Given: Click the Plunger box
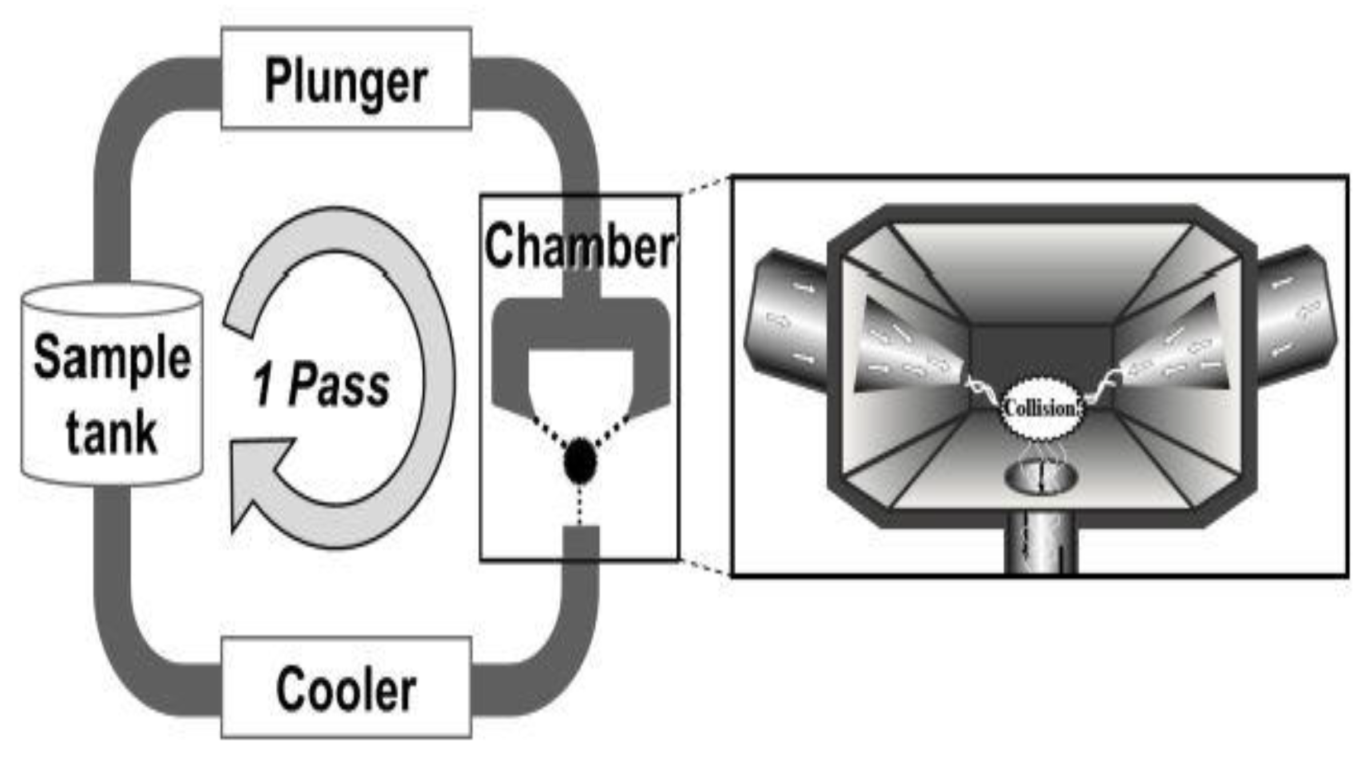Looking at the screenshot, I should click(x=346, y=78).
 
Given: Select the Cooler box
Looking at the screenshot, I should click(x=346, y=688).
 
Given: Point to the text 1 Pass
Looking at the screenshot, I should click(x=321, y=384).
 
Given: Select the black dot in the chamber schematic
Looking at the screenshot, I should click(x=580, y=461).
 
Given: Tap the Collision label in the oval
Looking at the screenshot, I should click(x=1041, y=409).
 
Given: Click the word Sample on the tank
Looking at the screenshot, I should click(x=112, y=358).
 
